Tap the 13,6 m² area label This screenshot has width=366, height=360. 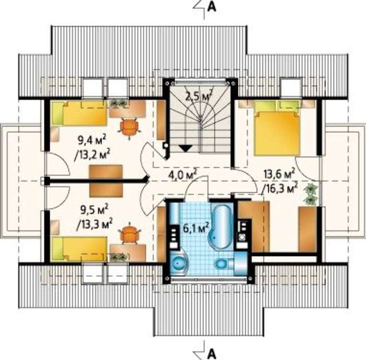[x=279, y=175]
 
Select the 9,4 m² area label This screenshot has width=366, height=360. [x=92, y=140]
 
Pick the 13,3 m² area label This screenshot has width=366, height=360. [x=95, y=224]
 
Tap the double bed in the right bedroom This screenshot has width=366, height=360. [x=277, y=128]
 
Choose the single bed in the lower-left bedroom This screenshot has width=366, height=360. [x=79, y=249]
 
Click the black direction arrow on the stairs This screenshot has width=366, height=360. [x=185, y=148]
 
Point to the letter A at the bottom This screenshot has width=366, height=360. [x=212, y=355]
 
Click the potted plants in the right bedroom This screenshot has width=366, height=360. [x=310, y=194]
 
